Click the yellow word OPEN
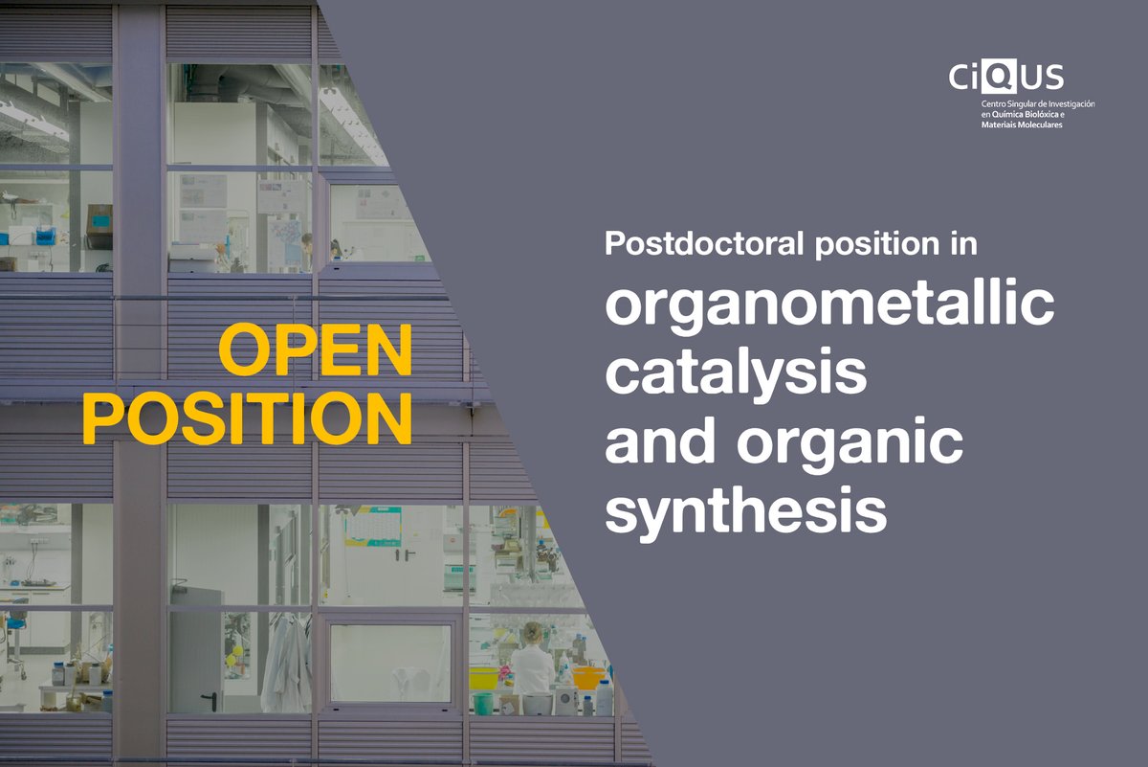point(316,350)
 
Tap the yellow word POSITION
point(248,417)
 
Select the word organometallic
point(829,306)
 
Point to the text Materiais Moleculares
point(1022,124)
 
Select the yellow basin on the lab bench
point(484,678)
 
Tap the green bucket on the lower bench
point(483,704)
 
